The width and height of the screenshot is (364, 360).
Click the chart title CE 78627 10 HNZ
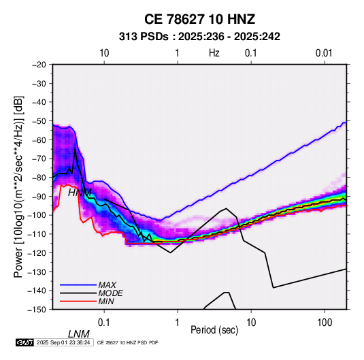click(x=199, y=19)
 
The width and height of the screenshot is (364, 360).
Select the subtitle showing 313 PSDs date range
click(x=199, y=37)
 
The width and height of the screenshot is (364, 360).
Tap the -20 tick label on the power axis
click(x=39, y=65)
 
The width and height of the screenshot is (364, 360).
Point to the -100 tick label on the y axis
click(x=37, y=215)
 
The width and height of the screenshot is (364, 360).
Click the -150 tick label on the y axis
click(x=37, y=310)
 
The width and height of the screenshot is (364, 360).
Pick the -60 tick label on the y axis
click(x=39, y=140)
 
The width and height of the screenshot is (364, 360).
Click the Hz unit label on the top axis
click(x=214, y=53)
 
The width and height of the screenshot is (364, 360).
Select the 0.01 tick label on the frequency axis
click(x=324, y=53)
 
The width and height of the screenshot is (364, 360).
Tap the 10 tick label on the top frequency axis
click(x=104, y=53)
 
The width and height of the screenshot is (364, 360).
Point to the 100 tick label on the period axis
click(x=325, y=323)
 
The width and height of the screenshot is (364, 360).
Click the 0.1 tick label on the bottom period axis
click(x=104, y=323)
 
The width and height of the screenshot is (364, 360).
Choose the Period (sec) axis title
click(x=214, y=330)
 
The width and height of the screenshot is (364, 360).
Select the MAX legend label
click(x=107, y=284)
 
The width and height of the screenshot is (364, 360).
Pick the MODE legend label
click(x=110, y=293)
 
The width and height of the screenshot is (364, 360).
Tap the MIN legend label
click(x=106, y=301)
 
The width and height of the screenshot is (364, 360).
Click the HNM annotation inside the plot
click(x=80, y=193)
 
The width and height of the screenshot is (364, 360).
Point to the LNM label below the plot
click(x=79, y=334)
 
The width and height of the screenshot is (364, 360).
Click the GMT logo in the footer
click(x=24, y=342)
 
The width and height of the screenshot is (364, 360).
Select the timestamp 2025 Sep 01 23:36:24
click(x=63, y=342)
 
